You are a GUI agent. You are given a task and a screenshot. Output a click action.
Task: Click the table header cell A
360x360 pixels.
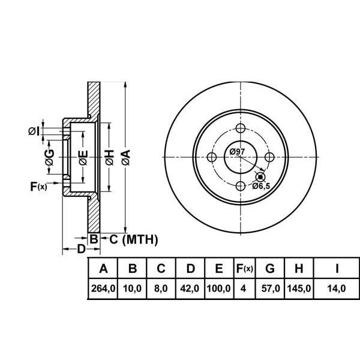(103, 268)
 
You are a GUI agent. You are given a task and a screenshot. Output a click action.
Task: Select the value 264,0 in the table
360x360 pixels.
(103, 289)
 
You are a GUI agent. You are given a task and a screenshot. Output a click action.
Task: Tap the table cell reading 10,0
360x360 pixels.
(133, 289)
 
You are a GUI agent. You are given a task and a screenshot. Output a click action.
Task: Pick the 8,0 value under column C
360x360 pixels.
(161, 289)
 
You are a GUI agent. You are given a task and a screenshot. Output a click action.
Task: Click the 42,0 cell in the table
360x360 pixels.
(190, 289)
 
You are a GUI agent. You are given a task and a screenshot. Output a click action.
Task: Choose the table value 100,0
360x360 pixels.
(219, 289)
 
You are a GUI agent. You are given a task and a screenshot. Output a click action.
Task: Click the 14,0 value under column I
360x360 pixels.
(337, 289)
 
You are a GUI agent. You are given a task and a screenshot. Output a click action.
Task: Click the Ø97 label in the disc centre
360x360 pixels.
(237, 152)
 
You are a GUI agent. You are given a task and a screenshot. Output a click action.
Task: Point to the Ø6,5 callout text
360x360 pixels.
(261, 187)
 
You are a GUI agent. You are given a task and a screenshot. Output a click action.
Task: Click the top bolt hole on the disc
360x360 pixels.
(241, 128)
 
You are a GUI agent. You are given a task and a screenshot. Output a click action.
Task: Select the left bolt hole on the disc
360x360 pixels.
(212, 157)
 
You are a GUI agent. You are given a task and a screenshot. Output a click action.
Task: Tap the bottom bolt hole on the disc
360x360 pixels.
(241, 185)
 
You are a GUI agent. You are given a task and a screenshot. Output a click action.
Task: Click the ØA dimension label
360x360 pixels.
(125, 157)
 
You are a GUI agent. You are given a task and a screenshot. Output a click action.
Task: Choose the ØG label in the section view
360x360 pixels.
(50, 157)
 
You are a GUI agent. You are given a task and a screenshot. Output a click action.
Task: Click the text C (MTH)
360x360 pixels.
(133, 240)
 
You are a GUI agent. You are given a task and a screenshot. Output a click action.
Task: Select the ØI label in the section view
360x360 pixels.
(34, 130)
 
